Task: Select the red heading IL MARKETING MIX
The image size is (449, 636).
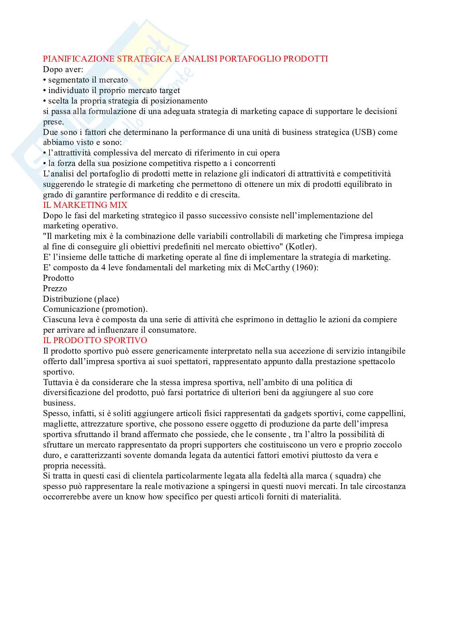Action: pos(85,205)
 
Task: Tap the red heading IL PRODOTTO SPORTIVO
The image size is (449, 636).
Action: pos(95,340)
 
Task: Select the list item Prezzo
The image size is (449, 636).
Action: pos(55,288)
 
